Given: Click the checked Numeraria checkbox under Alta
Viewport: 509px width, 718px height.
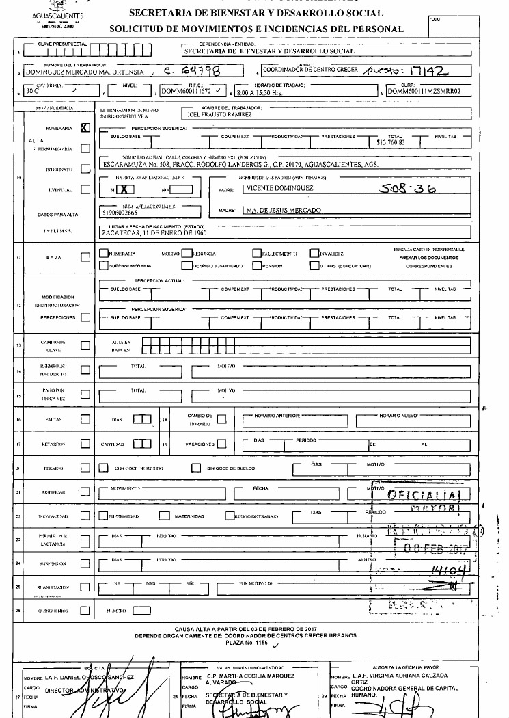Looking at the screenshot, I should point(85,127).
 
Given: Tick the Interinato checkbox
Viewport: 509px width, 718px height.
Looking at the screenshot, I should point(85,169).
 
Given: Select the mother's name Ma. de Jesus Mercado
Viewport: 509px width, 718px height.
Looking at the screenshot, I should point(282,211).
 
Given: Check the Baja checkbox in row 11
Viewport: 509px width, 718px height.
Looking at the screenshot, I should point(85,258).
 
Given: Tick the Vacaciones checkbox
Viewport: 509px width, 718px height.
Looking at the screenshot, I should point(222,443).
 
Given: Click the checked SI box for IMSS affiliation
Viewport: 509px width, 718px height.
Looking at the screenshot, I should point(128,189).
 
